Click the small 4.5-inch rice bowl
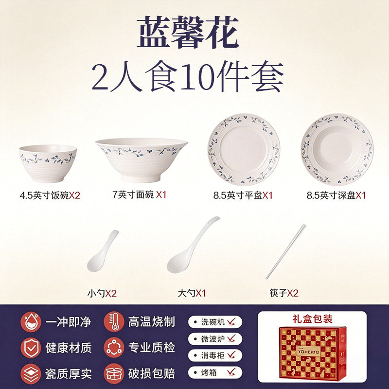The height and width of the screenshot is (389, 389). (x=48, y=163)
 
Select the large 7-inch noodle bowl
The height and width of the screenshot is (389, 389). (x=141, y=160)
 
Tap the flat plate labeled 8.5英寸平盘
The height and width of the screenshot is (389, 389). (x=244, y=150)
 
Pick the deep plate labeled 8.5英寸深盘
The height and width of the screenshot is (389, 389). (x=337, y=149)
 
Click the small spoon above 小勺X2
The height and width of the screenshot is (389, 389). (x=102, y=251)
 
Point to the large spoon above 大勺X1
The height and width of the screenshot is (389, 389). (x=193, y=245)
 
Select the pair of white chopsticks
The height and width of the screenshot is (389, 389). (x=286, y=251)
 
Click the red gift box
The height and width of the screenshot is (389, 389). (x=313, y=352)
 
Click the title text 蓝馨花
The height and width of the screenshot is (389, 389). (x=188, y=32)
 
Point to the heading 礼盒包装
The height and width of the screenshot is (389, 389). (x=312, y=319)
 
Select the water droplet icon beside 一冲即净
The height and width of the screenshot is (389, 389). (x=31, y=322)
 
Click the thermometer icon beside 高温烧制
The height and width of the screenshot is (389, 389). (x=114, y=322)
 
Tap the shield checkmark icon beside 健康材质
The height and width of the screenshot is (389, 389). (x=31, y=348)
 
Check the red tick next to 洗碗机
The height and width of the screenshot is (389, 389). (x=231, y=322)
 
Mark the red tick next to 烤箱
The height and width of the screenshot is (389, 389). (x=231, y=372)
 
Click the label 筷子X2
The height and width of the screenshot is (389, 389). (x=284, y=293)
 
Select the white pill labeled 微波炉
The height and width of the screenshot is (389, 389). (x=215, y=338)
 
